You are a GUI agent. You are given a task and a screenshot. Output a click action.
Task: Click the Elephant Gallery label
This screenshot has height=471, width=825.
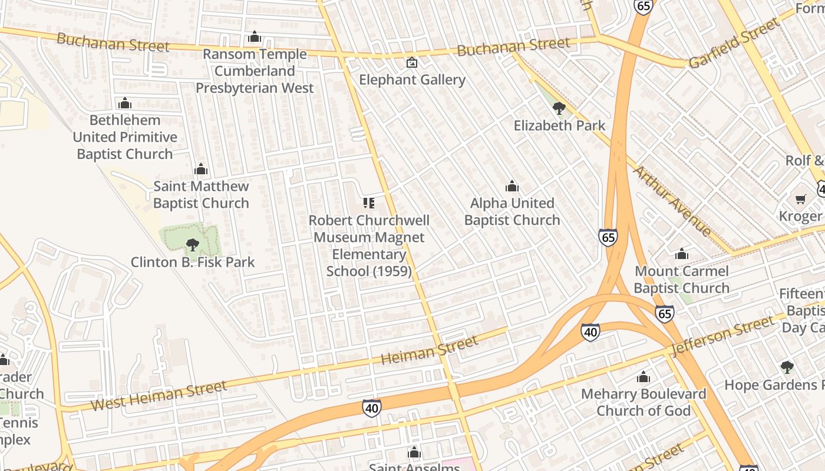(412, 79)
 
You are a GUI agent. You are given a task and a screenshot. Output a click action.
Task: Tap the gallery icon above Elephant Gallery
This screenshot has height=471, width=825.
(412, 62)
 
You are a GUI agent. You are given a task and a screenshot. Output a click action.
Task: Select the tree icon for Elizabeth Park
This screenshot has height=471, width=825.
(559, 108)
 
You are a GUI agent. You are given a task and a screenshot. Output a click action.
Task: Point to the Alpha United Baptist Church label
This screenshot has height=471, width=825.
(512, 211)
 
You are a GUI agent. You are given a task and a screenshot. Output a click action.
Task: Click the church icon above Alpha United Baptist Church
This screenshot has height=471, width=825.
(512, 187)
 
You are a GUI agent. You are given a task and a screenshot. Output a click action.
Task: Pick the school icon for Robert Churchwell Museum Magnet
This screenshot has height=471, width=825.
(369, 203)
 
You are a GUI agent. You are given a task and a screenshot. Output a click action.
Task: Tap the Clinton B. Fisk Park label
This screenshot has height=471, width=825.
(193, 262)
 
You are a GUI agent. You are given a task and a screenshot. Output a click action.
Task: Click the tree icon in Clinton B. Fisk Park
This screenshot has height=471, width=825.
(192, 244)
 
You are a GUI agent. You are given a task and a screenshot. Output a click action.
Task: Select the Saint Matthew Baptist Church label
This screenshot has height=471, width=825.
(201, 195)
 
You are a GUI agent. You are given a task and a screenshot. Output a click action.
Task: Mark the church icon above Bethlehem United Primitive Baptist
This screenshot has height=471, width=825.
(124, 104)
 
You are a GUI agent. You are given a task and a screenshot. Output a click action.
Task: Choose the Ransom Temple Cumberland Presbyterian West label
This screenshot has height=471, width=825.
(255, 71)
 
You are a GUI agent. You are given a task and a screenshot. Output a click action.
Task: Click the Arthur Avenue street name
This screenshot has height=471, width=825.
(672, 200)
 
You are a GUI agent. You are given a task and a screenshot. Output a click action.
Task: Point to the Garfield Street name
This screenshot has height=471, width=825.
(734, 42)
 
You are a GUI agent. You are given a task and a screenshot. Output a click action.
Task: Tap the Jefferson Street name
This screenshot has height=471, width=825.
(722, 336)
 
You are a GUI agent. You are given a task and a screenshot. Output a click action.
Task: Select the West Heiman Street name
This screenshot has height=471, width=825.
(159, 396)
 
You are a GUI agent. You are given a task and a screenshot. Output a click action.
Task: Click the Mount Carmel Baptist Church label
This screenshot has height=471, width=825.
(682, 280)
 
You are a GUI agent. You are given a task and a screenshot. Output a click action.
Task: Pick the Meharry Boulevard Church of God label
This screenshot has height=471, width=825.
(643, 402)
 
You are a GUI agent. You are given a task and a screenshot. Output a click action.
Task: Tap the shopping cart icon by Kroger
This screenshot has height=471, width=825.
(800, 200)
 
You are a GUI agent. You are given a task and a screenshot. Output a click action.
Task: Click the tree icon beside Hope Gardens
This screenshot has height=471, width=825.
(787, 367)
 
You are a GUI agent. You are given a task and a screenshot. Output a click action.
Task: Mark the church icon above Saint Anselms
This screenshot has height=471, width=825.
(414, 452)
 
